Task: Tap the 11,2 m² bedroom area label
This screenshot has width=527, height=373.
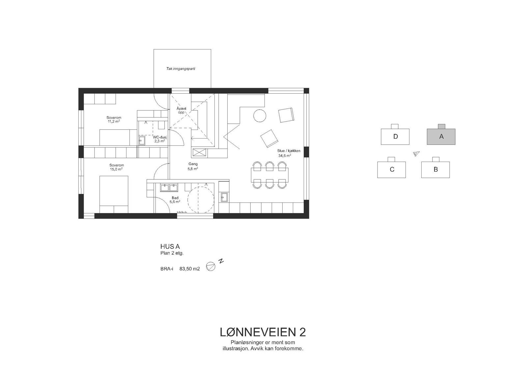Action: click(114, 119)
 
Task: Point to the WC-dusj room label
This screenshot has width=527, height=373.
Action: click(160, 139)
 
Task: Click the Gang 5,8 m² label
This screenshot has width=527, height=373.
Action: click(193, 166)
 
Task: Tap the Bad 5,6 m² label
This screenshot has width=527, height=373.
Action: click(175, 200)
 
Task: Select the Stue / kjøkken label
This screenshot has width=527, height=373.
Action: click(289, 153)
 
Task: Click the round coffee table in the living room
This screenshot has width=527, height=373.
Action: click(260, 116)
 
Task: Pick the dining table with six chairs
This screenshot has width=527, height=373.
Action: click(269, 175)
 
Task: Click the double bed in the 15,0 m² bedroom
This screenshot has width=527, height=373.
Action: click(114, 195)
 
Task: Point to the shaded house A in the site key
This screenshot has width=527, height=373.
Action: click(441, 137)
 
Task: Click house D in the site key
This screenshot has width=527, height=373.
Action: click(395, 137)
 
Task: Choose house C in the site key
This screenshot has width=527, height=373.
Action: click(392, 170)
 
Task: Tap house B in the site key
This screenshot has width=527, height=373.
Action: click(435, 170)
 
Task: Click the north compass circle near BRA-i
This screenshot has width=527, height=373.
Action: click(210, 266)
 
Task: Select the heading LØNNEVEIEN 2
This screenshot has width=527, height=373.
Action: click(263, 332)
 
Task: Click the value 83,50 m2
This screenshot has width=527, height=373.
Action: click(189, 269)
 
